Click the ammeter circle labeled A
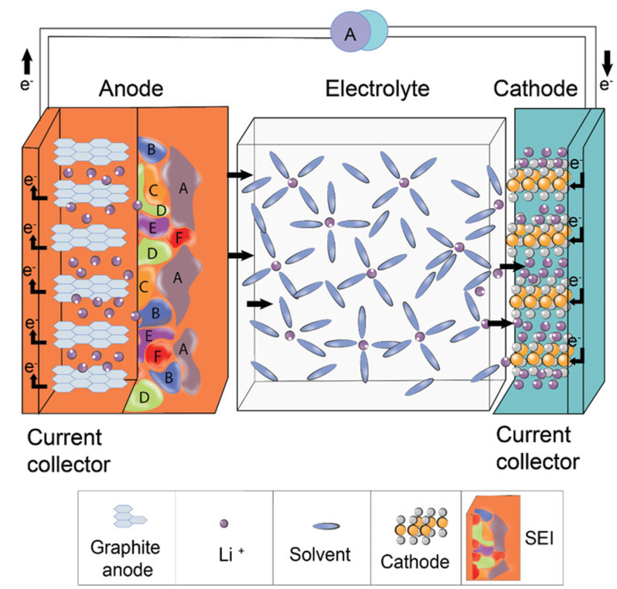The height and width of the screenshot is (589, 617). coord(349,32)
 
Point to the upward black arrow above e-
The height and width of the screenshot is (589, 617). coord(27,60)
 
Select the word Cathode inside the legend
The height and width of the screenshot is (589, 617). coord(415,560)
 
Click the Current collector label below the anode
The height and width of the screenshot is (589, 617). coord(69,451)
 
